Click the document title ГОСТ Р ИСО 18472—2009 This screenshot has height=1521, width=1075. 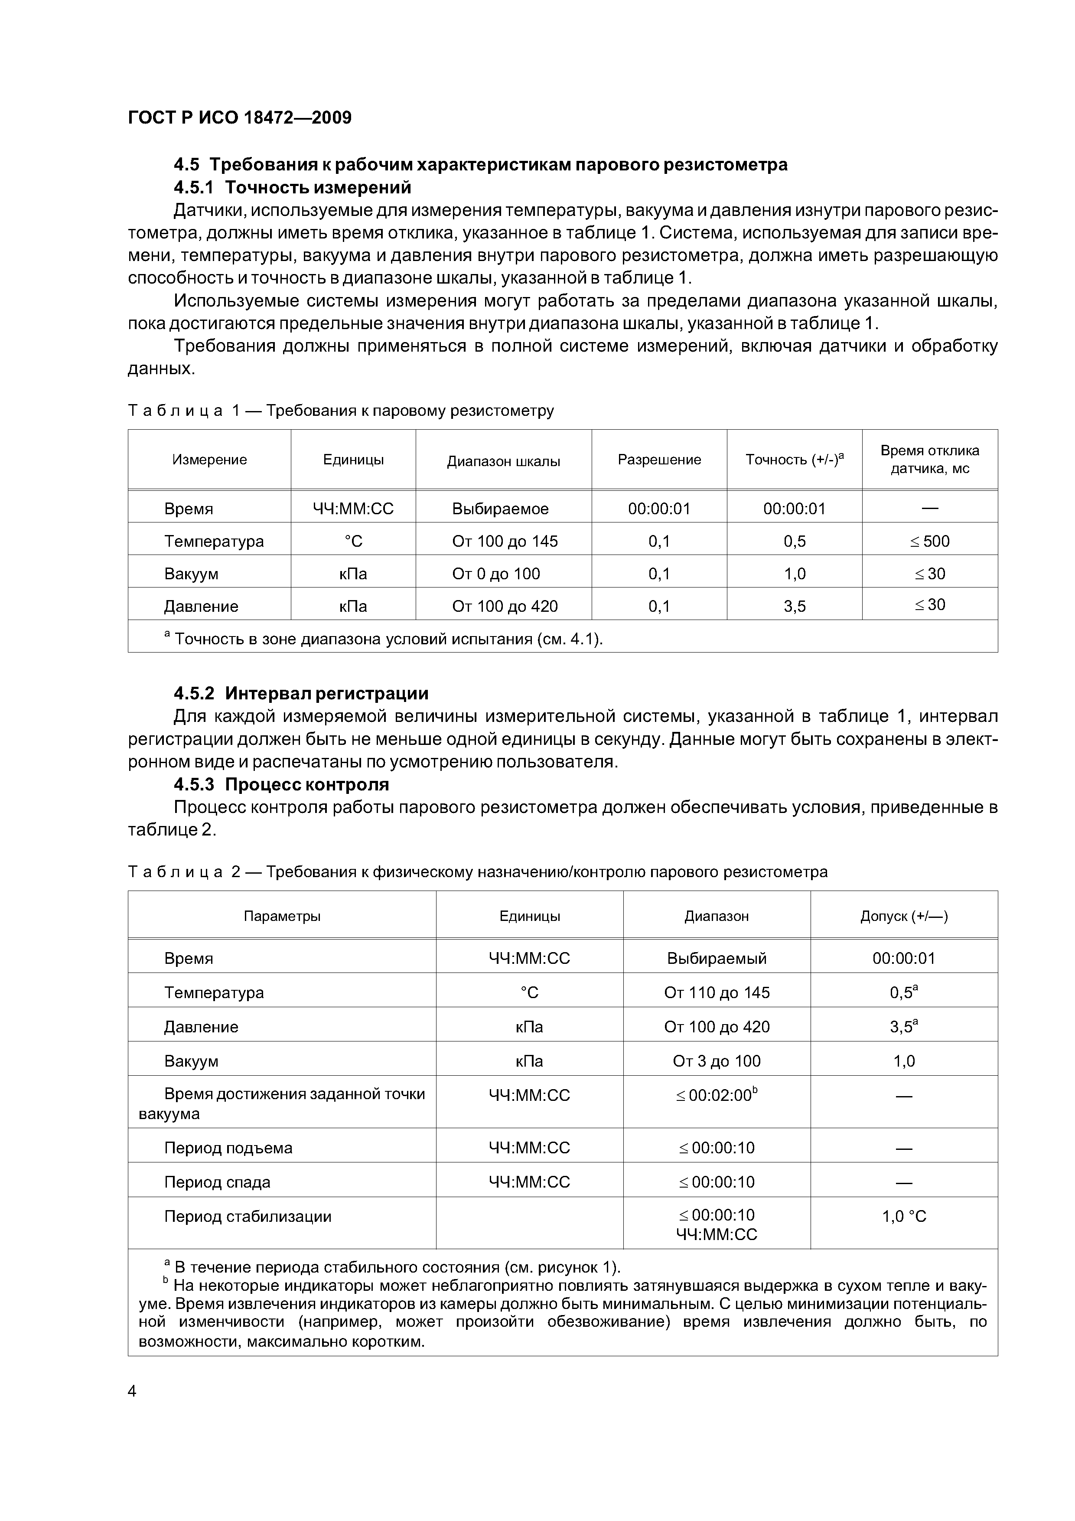tap(239, 118)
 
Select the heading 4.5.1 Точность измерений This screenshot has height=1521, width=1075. tap(292, 187)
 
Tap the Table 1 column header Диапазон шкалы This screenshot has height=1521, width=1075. tap(503, 461)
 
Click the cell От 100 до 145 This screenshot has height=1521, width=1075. tap(504, 541)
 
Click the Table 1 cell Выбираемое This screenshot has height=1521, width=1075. tap(500, 509)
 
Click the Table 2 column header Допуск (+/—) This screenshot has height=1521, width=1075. tap(903, 916)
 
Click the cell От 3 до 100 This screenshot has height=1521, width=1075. tap(716, 1061)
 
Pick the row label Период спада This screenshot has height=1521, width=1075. tap(217, 1182)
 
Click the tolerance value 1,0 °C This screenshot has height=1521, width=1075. tap(903, 1216)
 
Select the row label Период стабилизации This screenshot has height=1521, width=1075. tap(247, 1216)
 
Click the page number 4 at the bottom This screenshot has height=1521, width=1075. tap(132, 1392)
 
